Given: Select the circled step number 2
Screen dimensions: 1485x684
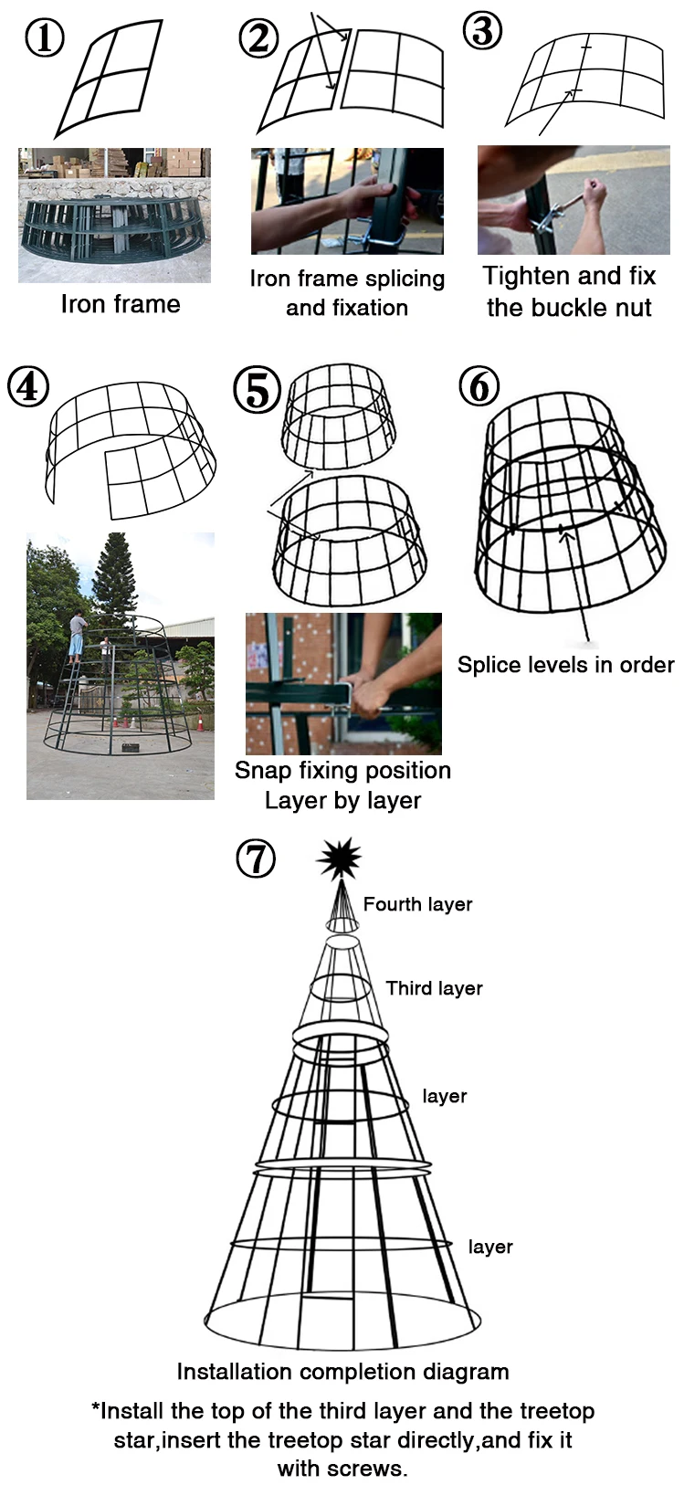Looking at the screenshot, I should click(258, 38).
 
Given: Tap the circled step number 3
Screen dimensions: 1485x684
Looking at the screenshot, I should click(483, 31).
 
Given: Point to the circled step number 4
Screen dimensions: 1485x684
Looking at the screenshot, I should click(27, 386).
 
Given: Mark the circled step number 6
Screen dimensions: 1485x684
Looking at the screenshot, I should click(479, 386).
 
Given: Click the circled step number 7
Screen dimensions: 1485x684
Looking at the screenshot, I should click(256, 858).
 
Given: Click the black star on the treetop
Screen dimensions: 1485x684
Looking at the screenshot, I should click(339, 858).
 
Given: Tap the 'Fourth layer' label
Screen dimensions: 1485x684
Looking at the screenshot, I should click(417, 904).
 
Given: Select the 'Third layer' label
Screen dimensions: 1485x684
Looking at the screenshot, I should click(434, 988).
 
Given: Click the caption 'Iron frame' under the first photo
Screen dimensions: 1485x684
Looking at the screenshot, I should click(121, 304).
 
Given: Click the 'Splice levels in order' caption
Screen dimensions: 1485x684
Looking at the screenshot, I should click(565, 665).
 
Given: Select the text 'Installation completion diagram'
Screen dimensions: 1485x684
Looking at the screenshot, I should click(342, 1372).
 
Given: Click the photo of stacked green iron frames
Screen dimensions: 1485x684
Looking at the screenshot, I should click(114, 216).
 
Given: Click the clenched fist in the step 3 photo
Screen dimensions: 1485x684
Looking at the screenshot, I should click(595, 193).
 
